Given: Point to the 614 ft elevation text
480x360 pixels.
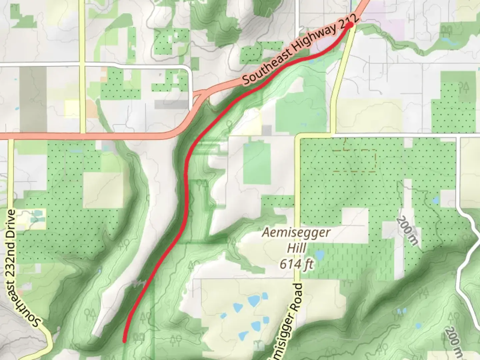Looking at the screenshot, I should [x=296, y=264].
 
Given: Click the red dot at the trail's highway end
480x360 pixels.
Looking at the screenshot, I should [x=350, y=25].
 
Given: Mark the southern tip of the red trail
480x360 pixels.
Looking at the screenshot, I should [x=124, y=341].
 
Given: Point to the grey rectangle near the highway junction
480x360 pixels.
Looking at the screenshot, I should [x=172, y=105].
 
